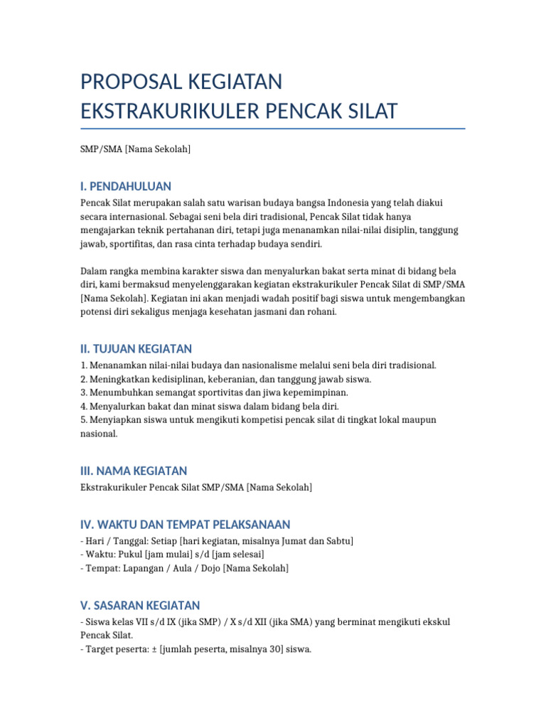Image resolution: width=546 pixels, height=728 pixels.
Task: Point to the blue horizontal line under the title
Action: [273, 129]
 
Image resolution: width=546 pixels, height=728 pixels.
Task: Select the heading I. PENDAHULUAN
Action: [126, 186]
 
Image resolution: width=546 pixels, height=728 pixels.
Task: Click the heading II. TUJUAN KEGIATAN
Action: [136, 348]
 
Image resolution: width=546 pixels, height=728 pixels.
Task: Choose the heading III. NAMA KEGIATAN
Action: [134, 471]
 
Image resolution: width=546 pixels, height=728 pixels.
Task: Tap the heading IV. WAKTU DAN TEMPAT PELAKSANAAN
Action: [186, 525]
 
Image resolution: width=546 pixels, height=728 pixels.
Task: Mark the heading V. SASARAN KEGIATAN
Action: [140, 606]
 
